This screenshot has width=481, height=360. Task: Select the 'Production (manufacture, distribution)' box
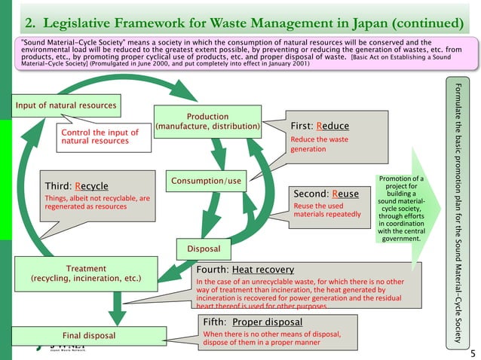pyautogui.click(x=207, y=122)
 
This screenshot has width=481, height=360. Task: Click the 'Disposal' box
pyautogui.click(x=203, y=249)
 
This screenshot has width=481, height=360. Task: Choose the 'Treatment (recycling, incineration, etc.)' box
pyautogui.click(x=85, y=273)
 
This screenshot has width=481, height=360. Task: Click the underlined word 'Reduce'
pyautogui.click(x=332, y=126)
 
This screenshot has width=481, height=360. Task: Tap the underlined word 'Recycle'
pyautogui.click(x=90, y=185)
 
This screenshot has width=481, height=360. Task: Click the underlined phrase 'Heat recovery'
pyautogui.click(x=263, y=269)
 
